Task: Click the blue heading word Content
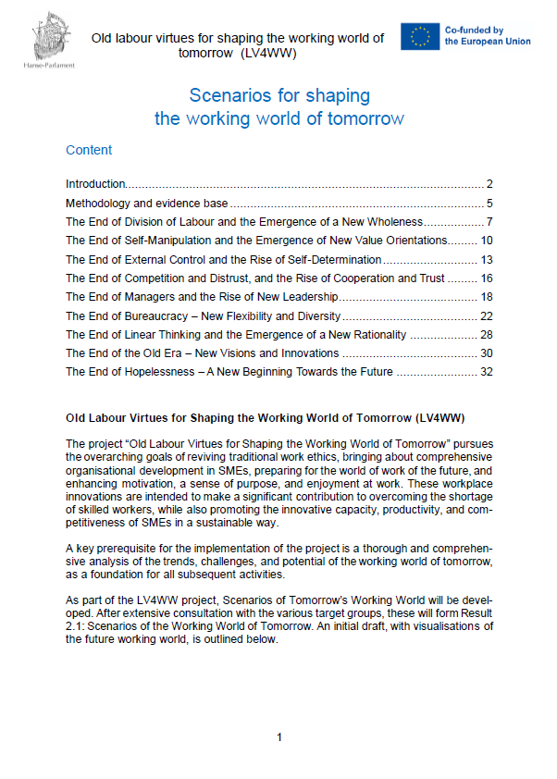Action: [x=89, y=150]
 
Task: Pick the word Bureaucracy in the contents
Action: [x=161, y=315]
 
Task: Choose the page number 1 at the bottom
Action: [x=278, y=736]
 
